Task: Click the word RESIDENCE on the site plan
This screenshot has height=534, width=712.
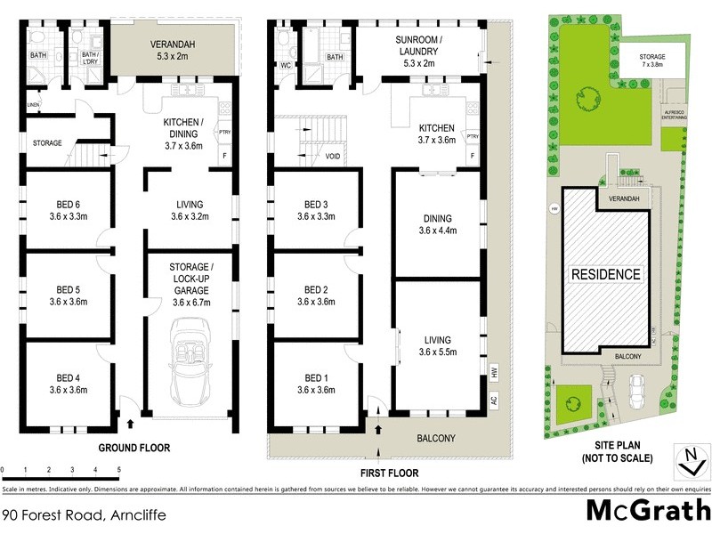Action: pyautogui.click(x=605, y=274)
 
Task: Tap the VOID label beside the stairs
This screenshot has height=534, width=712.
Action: pyautogui.click(x=334, y=157)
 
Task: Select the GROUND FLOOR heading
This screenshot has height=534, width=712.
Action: pyautogui.click(x=133, y=447)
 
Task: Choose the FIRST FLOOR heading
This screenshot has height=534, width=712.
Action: pyautogui.click(x=388, y=473)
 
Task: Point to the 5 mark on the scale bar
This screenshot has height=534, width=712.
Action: pyautogui.click(x=118, y=468)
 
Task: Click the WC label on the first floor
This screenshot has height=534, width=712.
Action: pyautogui.click(x=285, y=66)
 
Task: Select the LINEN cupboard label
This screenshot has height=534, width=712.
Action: pyautogui.click(x=34, y=105)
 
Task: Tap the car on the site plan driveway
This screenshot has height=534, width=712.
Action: pyautogui.click(x=637, y=388)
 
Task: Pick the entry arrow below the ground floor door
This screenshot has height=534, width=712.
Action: pyautogui.click(x=132, y=425)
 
